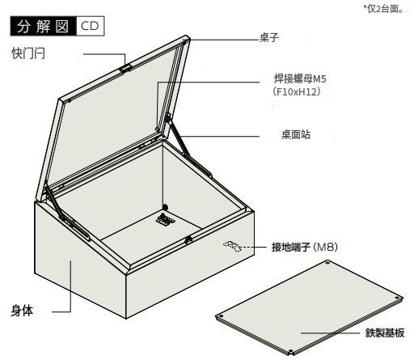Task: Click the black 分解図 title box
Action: [44, 26]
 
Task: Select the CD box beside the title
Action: [91, 26]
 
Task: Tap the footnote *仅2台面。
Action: [383, 9]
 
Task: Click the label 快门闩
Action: [28, 53]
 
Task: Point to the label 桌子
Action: [269, 37]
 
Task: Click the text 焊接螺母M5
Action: [300, 78]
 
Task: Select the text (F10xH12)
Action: [297, 91]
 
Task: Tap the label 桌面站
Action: [296, 134]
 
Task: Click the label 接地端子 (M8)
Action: [305, 247]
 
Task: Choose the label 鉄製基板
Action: [385, 332]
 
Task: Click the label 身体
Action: [22, 311]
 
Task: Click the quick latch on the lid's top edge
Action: [125, 68]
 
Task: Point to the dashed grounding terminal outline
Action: [232, 246]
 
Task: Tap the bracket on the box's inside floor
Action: [165, 218]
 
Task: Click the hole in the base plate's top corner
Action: [327, 263]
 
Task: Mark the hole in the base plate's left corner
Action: [221, 316]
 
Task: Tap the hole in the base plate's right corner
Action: [397, 298]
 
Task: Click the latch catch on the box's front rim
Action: [188, 239]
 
